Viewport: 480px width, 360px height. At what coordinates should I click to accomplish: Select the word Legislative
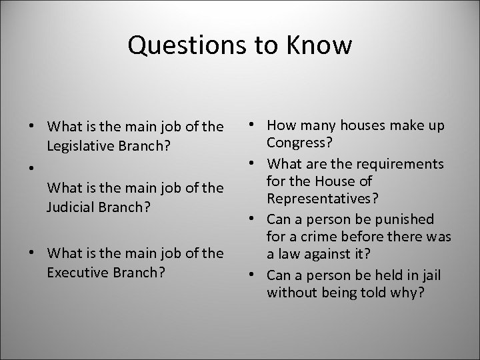(79, 144)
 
